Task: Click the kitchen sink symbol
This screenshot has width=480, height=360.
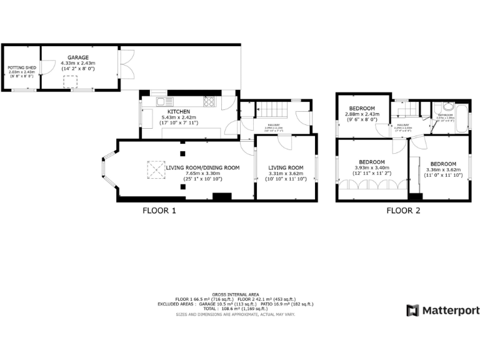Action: coord(161,101)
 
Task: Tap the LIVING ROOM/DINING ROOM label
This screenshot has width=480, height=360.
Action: coord(202,167)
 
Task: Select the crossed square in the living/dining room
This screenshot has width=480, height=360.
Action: coord(155,169)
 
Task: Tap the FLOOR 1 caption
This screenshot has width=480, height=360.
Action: coord(159,211)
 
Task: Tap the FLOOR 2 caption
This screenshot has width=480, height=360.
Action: coord(403,211)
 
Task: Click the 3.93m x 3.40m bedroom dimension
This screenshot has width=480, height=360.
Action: coord(372,167)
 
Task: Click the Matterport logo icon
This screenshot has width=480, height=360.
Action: coord(412,311)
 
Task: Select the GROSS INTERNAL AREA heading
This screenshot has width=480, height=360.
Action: coord(236,294)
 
